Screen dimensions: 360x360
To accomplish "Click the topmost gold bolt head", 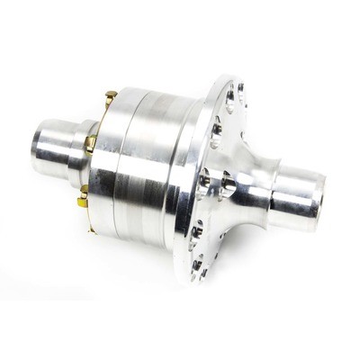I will [x=111, y=94].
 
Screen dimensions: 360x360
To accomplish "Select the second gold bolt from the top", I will [x=90, y=140].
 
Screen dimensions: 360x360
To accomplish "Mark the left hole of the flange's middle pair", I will [x=206, y=176].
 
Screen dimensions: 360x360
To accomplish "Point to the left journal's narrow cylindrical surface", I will [x=59, y=135].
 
